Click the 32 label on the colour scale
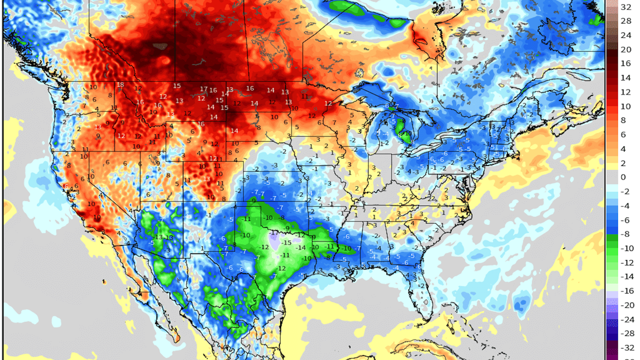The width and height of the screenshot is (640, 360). (626, 7)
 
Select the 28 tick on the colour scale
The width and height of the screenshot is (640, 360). (626, 21)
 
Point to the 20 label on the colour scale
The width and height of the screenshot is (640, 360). (626, 50)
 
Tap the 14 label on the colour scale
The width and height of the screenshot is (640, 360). (626, 78)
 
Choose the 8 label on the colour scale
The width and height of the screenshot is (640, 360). (623, 120)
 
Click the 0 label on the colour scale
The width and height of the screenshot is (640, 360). (623, 177)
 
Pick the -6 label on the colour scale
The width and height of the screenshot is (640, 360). (625, 220)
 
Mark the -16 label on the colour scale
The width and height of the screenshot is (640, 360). (627, 291)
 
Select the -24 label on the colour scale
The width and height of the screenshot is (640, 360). (627, 320)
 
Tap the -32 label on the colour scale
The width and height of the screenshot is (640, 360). (627, 348)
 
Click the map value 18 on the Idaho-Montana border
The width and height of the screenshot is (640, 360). (120, 85)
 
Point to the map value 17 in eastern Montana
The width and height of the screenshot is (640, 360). (204, 89)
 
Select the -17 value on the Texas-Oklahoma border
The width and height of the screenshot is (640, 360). (274, 233)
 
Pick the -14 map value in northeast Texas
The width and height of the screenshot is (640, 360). (301, 248)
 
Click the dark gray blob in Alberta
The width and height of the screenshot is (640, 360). (160, 46)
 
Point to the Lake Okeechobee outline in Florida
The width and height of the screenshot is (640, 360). (426, 302)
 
